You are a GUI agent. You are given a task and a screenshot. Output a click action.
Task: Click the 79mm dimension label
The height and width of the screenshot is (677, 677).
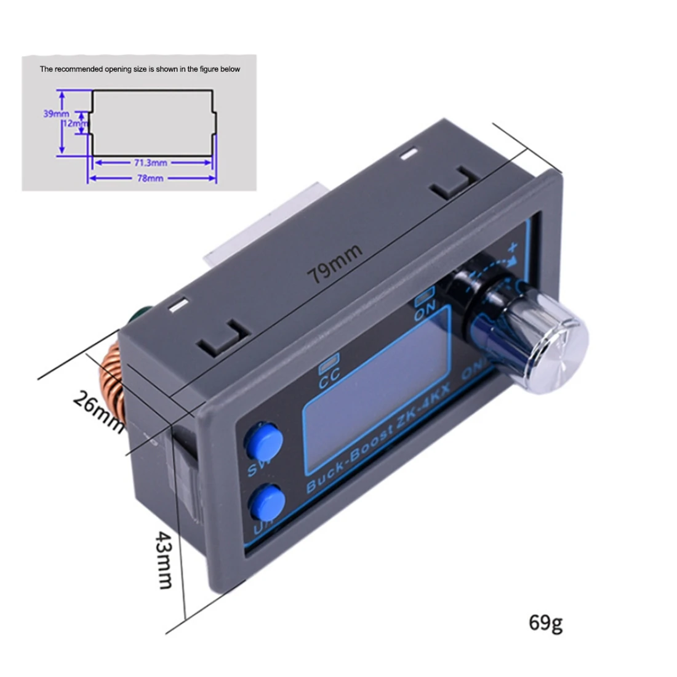(336, 263)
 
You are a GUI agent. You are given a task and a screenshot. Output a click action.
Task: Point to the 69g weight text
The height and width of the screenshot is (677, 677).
(545, 622)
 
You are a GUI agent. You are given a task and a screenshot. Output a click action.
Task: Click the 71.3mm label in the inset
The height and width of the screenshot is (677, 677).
(151, 163)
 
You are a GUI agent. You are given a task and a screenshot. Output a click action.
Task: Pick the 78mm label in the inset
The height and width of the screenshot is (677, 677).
(150, 178)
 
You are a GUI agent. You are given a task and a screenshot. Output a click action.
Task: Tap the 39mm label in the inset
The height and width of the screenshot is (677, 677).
(55, 114)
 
